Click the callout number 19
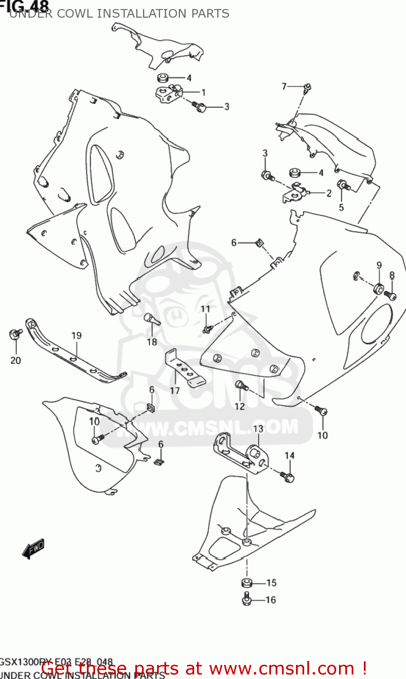tap(76, 335)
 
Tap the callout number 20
tap(16, 360)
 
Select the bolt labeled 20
tap(15, 334)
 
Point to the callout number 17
tap(175, 391)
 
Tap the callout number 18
tap(152, 342)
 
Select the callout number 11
tap(205, 309)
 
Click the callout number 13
tap(258, 429)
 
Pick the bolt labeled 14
tap(288, 477)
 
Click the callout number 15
tap(271, 583)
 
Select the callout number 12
tap(239, 406)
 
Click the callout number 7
tap(284, 86)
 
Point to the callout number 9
tap(379, 265)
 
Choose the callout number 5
tap(341, 207)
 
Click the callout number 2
tap(329, 193)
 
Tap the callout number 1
tap(204, 92)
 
